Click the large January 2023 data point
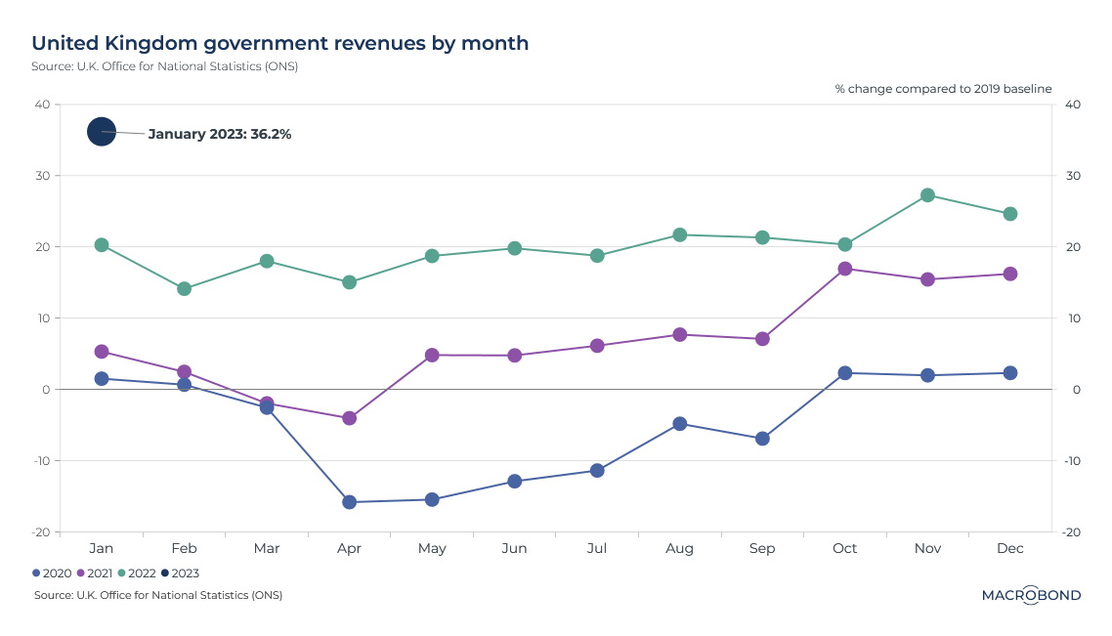coord(102,131)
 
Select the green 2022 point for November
coord(927,195)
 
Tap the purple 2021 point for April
coord(349,418)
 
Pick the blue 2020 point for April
coord(349,502)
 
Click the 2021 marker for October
coord(845,269)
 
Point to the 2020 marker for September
coord(762,439)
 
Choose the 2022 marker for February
coord(184,289)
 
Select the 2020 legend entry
coord(52,573)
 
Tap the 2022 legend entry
coord(137,573)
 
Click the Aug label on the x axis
coord(679,549)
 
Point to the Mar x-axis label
coord(267,549)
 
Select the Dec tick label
coord(1010,549)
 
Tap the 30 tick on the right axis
coord(1072,176)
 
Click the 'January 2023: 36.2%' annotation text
coord(220,134)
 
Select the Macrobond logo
coord(1031,595)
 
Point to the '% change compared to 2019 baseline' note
coord(943,89)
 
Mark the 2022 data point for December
coord(1010,214)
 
